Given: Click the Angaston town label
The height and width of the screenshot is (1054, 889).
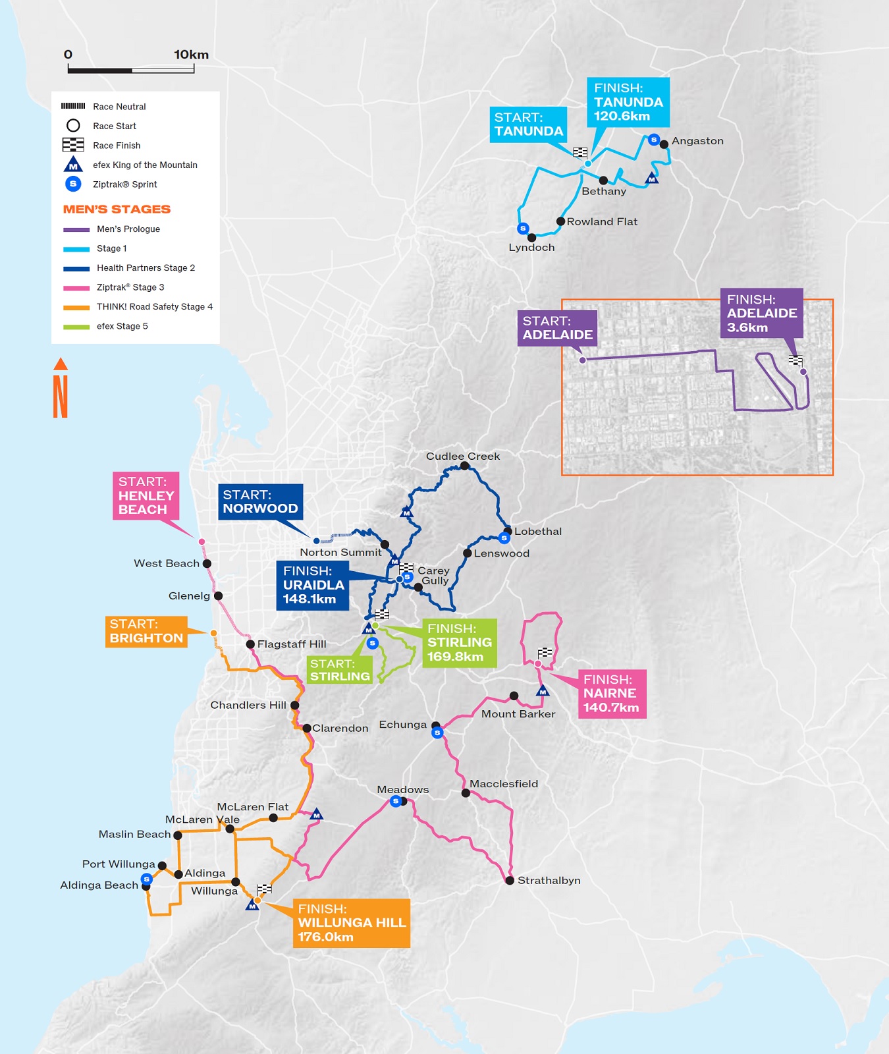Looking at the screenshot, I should [x=697, y=141].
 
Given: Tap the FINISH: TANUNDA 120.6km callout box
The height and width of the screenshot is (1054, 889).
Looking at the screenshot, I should [x=628, y=102].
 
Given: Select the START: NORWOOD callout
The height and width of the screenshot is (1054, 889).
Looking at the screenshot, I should [x=260, y=502].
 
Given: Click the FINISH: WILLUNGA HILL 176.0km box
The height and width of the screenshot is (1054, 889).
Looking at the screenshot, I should [x=352, y=923].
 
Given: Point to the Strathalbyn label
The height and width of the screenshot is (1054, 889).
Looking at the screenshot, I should [x=549, y=881].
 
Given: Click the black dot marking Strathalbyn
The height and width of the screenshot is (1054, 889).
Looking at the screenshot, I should [x=510, y=880].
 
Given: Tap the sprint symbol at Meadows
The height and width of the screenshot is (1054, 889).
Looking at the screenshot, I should [x=395, y=801].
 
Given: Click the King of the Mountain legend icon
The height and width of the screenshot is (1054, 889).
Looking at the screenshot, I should [x=73, y=165].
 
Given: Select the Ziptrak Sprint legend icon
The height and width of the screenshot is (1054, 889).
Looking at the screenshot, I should [x=73, y=184].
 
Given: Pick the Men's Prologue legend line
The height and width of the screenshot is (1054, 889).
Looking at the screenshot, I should [x=76, y=229].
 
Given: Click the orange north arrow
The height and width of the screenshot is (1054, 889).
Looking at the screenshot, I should [x=61, y=388].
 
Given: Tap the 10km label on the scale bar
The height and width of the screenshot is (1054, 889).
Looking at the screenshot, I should [x=191, y=55].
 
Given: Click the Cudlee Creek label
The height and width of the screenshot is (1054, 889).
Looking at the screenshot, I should [x=462, y=456].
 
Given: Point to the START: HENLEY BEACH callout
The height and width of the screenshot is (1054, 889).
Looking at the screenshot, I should [x=146, y=496].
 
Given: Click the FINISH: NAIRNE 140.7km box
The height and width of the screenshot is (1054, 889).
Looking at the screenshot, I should [x=611, y=694].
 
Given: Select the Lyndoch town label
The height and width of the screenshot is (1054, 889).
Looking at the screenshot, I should [x=531, y=248].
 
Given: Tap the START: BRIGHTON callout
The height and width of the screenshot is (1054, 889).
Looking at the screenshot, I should [x=146, y=632].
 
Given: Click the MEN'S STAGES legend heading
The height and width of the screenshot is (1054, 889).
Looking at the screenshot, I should [x=117, y=209].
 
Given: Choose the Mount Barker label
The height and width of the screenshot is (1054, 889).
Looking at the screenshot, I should [x=518, y=714].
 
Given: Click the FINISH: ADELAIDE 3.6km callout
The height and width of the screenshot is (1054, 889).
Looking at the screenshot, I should [x=761, y=314].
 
